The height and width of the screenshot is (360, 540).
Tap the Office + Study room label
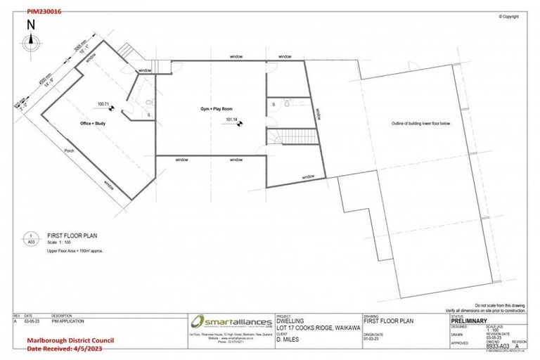click(94, 123)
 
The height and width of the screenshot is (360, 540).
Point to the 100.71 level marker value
click(104, 104)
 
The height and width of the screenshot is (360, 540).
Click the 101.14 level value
click(232, 120)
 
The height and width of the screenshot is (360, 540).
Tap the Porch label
click(69, 150)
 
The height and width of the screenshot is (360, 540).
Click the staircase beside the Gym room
click(287, 136)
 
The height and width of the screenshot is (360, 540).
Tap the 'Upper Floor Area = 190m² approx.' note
click(75, 250)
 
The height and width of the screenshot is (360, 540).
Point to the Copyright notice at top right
click(508, 16)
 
